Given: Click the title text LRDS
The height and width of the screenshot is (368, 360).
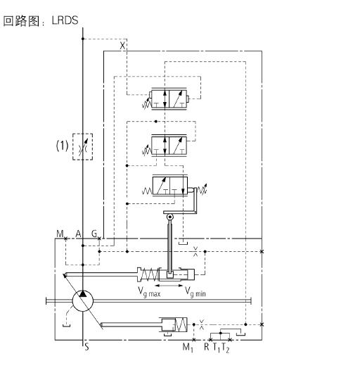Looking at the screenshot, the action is point(65,20).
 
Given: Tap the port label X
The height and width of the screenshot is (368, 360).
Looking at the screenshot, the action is point(122,46).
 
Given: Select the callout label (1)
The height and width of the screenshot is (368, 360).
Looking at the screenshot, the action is point(62,146).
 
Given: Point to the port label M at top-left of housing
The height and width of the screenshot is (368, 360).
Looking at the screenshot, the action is point(60,234).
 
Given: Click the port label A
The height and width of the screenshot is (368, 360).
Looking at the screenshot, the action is point(78,234).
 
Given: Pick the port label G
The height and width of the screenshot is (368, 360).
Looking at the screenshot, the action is point(94,234).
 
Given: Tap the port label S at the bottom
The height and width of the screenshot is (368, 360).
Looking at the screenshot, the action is point(86,347).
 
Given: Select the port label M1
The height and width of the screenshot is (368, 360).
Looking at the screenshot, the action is point(188,348).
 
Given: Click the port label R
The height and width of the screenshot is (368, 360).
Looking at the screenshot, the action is point(207,347).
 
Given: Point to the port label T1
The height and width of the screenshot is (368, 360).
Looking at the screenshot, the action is point(217,348).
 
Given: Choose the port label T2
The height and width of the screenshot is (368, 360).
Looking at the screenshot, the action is point(226,348).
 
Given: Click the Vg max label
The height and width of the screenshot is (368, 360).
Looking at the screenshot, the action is point(149,292).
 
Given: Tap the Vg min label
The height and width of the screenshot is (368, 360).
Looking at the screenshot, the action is point(195,292).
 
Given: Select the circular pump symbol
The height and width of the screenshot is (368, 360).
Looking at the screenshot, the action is point(82,301).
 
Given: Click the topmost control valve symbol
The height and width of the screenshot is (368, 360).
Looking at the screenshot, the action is point(169,99).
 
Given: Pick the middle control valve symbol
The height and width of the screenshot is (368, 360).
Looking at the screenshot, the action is point(169,146).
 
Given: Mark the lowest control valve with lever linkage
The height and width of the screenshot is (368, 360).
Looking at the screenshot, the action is point(170,186).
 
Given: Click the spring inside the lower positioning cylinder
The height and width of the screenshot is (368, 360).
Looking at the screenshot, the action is point(181,325).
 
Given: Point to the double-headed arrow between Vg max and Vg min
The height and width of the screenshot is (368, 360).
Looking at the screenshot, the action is point(169,286).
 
